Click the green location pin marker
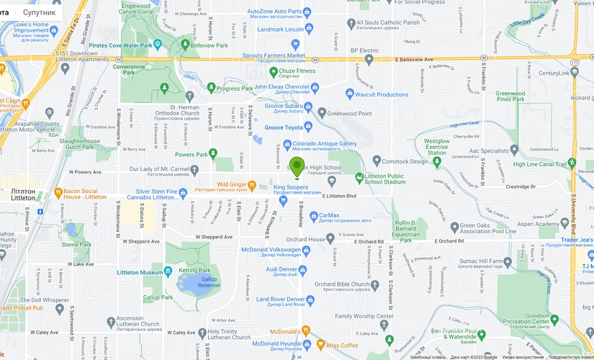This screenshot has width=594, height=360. click(x=297, y=166)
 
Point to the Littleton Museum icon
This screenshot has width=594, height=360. click(x=168, y=272)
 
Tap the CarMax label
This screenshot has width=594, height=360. click(x=329, y=215)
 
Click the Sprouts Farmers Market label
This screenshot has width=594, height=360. click(x=274, y=55)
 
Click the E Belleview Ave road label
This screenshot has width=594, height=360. click(x=414, y=60)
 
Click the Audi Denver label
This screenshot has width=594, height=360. click(x=282, y=269)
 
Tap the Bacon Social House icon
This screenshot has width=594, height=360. click(x=58, y=192)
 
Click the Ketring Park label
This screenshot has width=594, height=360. click(x=194, y=270)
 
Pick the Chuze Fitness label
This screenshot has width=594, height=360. click(x=297, y=71)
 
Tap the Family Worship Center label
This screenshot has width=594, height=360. click(x=364, y=316)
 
